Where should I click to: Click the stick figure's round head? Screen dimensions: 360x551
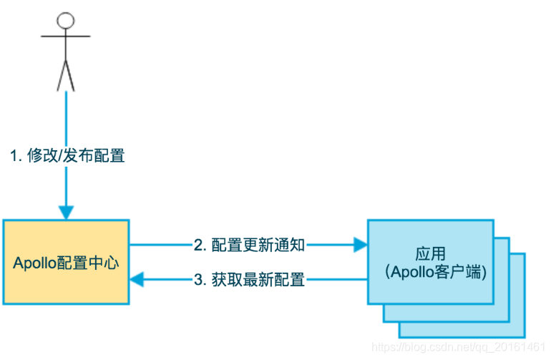(x=66, y=20)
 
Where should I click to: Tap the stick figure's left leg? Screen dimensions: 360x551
(x=61, y=74)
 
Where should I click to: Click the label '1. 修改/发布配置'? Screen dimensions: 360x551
(x=67, y=155)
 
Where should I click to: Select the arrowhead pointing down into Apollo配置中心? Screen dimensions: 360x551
(x=66, y=213)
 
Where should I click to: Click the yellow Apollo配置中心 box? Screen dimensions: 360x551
(x=66, y=262)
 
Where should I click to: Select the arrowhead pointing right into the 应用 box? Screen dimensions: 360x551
(x=360, y=245)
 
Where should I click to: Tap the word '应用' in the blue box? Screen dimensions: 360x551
(x=430, y=254)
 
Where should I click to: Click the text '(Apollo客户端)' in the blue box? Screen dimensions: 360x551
(x=430, y=273)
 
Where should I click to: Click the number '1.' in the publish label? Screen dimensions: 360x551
(x=16, y=155)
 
